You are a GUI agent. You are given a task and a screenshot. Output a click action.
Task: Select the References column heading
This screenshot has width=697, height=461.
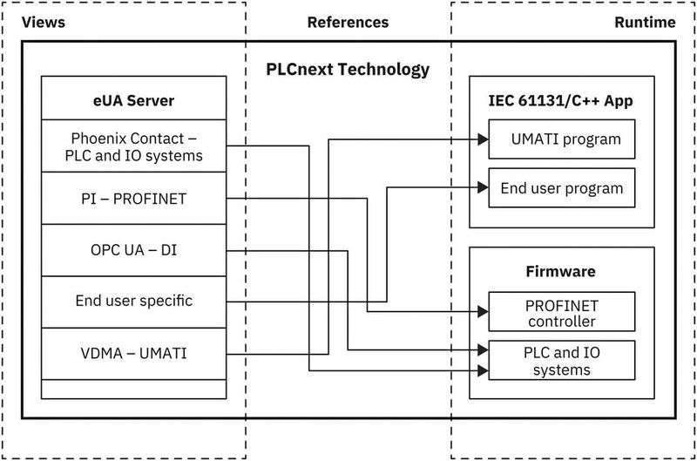tap(348, 23)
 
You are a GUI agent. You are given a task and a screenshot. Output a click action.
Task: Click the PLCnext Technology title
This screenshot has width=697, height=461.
tap(348, 69)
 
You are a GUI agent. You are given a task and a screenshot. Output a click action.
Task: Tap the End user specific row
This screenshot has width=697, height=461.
tap(134, 302)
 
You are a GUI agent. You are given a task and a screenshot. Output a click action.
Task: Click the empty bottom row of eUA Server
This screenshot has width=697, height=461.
tap(134, 389)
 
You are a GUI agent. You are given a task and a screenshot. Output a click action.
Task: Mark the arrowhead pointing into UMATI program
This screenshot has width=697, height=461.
tap(482, 139)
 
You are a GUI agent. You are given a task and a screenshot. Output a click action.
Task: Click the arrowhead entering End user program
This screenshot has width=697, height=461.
tap(482, 186)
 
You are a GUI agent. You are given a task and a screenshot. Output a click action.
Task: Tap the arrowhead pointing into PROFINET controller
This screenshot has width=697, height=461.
tap(482, 311)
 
